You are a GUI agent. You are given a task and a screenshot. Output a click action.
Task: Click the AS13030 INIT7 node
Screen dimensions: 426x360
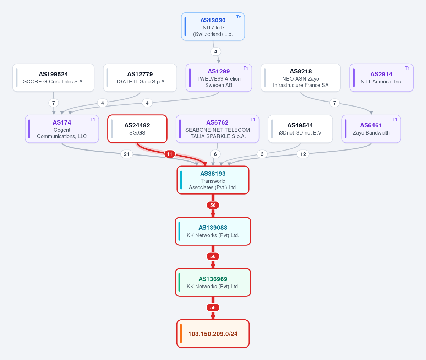(x=213, y=27)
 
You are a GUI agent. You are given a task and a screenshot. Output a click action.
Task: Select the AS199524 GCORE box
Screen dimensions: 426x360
(x=53, y=77)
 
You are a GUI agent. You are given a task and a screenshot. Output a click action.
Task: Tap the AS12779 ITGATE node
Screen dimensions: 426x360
(x=140, y=77)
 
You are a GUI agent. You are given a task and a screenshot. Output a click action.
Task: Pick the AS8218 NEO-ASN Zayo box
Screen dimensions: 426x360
(x=301, y=77)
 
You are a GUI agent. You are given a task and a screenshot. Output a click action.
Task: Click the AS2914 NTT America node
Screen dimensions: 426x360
(x=381, y=77)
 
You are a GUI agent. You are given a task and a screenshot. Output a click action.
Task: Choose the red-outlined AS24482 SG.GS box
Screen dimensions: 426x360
(x=137, y=129)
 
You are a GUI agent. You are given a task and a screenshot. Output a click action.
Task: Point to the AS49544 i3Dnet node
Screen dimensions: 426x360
(x=300, y=129)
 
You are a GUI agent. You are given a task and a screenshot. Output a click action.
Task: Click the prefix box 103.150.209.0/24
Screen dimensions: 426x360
(x=213, y=333)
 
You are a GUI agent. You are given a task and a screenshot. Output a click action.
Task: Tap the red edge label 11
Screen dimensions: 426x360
(x=170, y=154)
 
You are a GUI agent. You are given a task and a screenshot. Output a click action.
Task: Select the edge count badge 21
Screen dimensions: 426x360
(x=126, y=154)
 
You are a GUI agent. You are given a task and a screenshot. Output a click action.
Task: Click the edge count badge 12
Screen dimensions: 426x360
(x=303, y=154)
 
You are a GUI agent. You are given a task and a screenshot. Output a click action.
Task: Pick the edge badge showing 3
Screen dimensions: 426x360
(x=262, y=154)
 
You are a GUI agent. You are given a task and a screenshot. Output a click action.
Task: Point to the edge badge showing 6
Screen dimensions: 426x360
(x=215, y=154)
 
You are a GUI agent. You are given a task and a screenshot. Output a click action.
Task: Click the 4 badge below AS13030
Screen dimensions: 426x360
(x=215, y=51)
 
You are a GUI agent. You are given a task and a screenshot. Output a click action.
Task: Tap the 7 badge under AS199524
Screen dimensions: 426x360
(x=54, y=103)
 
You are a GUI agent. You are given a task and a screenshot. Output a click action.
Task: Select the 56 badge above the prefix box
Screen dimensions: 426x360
(x=213, y=307)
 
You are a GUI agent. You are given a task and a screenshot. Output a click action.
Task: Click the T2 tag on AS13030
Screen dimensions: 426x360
(x=239, y=17)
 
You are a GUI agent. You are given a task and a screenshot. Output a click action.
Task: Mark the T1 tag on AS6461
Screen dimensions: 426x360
(x=395, y=119)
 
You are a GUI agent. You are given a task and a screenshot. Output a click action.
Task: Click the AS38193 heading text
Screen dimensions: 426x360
(x=213, y=174)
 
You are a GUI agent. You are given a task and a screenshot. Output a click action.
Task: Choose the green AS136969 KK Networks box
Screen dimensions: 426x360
(x=213, y=282)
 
